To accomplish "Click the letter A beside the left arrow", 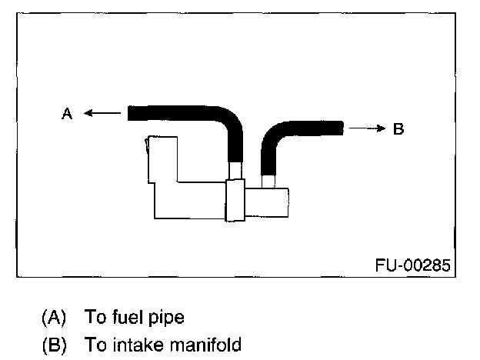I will click(x=67, y=114).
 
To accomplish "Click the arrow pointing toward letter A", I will click(x=102, y=114).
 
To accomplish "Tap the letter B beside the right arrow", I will click(x=398, y=128).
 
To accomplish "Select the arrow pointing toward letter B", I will click(x=365, y=128).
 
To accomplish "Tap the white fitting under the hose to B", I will click(x=268, y=182).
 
